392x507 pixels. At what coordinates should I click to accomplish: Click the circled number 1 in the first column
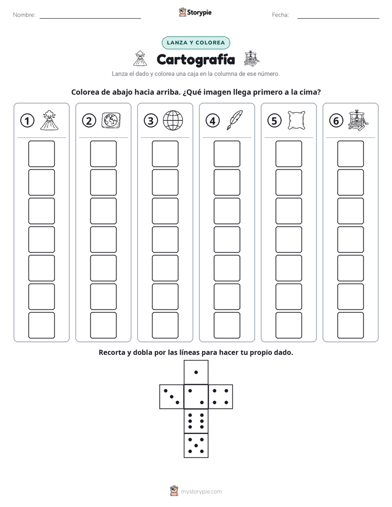[27, 121]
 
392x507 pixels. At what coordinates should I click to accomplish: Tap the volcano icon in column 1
[49, 120]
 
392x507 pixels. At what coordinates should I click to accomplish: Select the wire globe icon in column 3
[173, 120]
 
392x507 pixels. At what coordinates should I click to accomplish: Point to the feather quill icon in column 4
[235, 120]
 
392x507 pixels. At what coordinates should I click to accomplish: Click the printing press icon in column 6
[359, 120]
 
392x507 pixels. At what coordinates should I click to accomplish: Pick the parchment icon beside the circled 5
[296, 120]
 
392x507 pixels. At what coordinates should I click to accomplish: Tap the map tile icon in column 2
[111, 121]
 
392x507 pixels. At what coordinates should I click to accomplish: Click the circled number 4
[212, 121]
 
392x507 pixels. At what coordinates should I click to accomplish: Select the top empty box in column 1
[41, 154]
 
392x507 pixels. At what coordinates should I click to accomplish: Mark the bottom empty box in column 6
[351, 325]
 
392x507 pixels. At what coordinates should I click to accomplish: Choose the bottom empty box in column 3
[165, 325]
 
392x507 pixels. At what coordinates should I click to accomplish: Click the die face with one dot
[196, 373]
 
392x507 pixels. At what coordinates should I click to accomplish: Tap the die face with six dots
[196, 421]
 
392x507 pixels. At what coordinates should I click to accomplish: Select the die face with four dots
[220, 397]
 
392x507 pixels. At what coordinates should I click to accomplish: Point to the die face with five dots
[196, 445]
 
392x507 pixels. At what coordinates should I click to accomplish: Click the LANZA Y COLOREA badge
[195, 43]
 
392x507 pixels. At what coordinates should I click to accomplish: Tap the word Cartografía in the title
[195, 59]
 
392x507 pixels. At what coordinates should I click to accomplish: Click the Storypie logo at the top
[195, 13]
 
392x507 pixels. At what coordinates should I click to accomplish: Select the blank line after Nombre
[90, 18]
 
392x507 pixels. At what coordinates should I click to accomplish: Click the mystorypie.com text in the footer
[201, 492]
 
